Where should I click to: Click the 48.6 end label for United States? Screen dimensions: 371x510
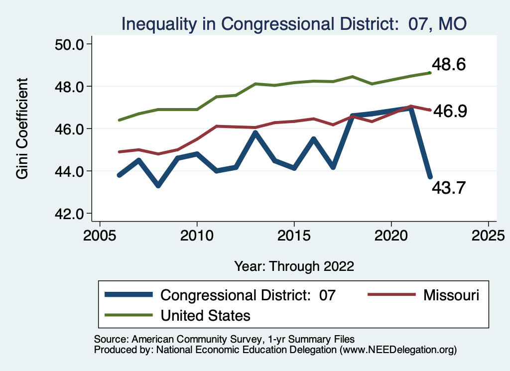coord(449,65)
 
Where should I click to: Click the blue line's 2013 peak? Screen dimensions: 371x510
coord(255,132)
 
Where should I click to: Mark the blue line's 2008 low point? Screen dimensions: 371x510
coord(158,185)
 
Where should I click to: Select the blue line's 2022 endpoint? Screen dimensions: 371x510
coord(430,177)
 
